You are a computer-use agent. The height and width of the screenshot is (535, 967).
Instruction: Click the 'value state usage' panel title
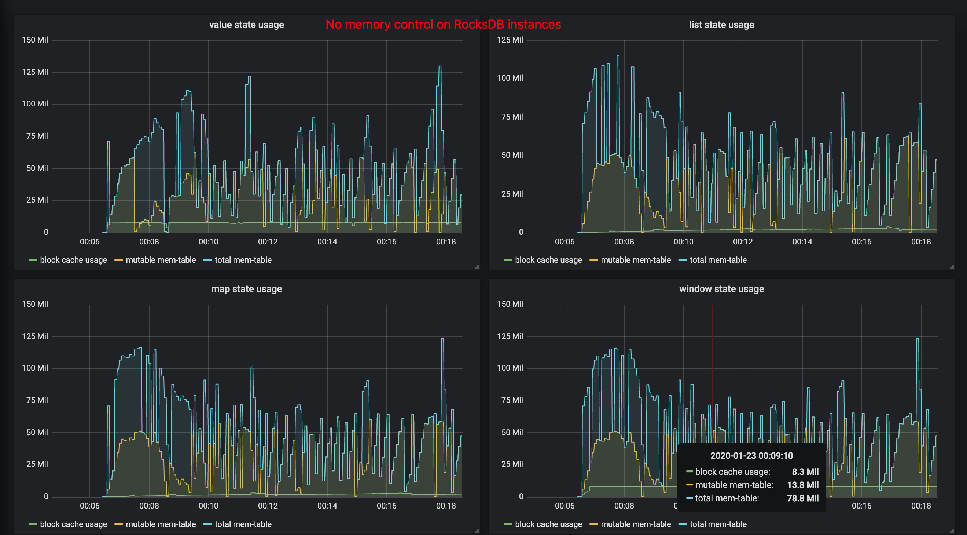pos(246,25)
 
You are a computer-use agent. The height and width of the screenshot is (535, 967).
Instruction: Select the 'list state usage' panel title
pos(721,25)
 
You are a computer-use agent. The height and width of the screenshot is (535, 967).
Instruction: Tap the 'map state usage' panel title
pos(246,289)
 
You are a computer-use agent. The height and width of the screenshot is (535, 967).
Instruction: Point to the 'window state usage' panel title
pos(721,289)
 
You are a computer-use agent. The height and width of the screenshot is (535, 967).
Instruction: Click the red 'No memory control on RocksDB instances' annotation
pos(443,25)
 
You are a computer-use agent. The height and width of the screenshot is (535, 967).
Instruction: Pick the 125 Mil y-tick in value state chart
pos(35,72)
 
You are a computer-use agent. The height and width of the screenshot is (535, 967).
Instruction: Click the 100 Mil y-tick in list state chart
pos(510,78)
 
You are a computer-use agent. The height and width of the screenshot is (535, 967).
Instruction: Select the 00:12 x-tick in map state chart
pos(268,506)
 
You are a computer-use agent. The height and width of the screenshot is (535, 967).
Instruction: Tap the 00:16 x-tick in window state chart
pos(861,506)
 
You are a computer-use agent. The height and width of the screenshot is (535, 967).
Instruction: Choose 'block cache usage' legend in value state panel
pos(73,260)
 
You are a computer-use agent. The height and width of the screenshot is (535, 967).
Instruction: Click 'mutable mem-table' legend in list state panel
pos(636,260)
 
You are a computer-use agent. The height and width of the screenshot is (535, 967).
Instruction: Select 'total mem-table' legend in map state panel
pos(243,524)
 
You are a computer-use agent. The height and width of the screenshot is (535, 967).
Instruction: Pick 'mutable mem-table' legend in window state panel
pos(636,524)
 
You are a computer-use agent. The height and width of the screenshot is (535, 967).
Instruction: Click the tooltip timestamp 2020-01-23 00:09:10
pos(751,456)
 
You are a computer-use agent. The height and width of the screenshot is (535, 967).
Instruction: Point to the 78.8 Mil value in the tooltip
pos(802,498)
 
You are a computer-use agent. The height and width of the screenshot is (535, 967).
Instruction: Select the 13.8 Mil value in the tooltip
pos(802,485)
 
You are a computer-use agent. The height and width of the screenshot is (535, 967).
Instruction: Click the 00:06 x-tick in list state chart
pos(565,241)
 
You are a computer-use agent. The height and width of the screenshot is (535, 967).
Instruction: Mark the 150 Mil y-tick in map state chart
pos(35,304)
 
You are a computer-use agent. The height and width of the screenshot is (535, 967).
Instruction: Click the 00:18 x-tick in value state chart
pos(446,241)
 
